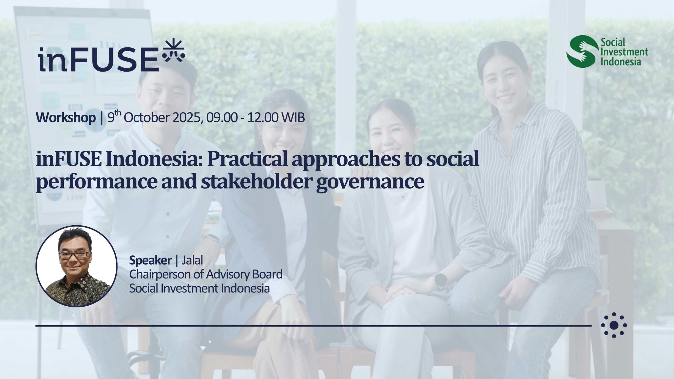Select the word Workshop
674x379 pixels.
[66, 118]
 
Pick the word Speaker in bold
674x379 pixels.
[150, 261]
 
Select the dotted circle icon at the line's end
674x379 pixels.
[614, 325]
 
